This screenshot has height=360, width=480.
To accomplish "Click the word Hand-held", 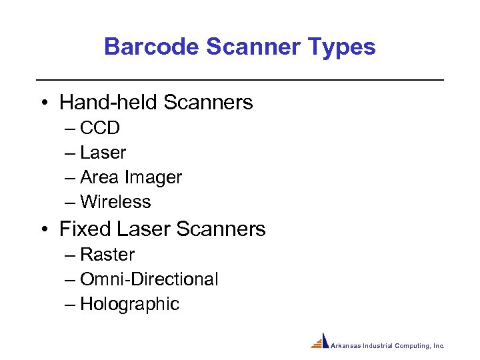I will point(108,102).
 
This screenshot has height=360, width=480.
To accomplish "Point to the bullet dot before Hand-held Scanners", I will point(43,103).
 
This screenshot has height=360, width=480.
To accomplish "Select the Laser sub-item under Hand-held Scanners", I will point(103,153).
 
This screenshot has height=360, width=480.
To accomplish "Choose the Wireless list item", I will point(115,202).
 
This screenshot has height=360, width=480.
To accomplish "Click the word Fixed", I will point(85,229).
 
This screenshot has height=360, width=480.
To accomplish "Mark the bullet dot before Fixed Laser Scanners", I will point(43,230).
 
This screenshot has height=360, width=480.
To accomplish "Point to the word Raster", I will point(107,255).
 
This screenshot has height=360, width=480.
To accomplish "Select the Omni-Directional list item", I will point(149,279).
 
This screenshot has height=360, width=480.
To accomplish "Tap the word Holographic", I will point(129,304).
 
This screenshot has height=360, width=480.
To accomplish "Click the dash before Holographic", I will point(71,305).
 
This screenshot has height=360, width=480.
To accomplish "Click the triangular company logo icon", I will point(321,341).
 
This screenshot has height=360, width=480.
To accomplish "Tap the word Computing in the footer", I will point(412,346).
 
